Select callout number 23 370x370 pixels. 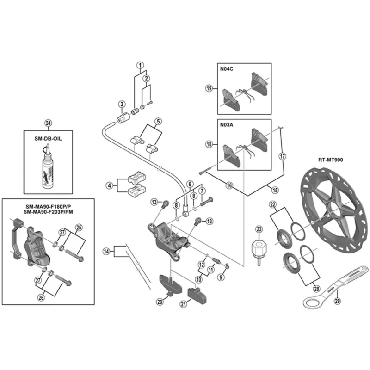click(x=259, y=228)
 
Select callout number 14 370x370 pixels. click(x=107, y=252)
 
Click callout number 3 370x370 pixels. click(x=122, y=104)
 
